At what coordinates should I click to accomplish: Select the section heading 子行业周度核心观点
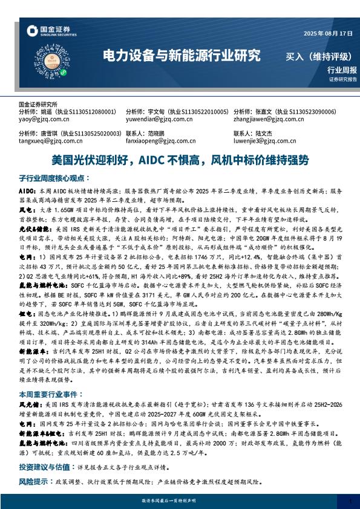[54, 179]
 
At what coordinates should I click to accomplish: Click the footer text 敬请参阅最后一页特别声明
[180, 501]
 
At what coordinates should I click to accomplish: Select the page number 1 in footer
[350, 501]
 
